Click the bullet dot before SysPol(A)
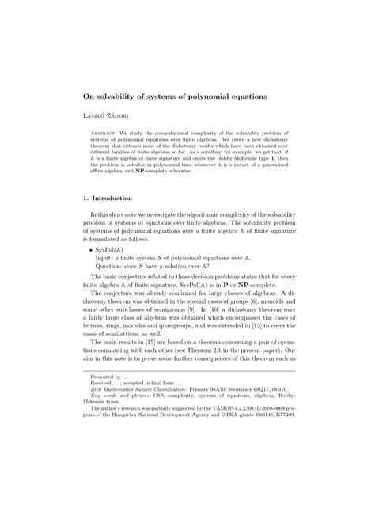(x=91, y=270)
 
